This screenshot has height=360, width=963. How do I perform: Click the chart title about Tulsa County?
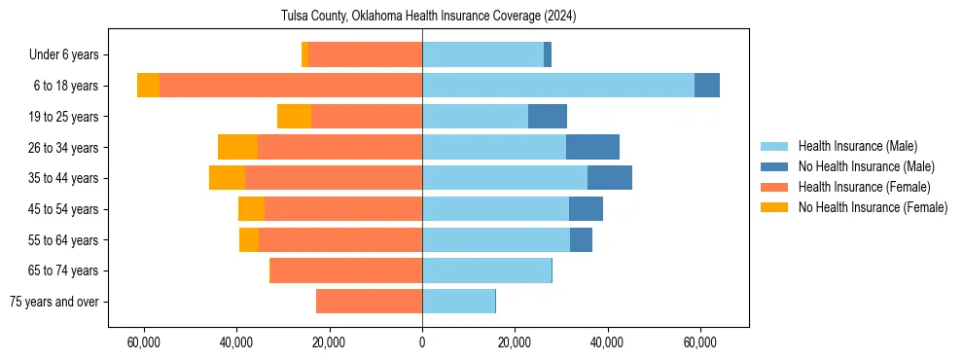point(422,17)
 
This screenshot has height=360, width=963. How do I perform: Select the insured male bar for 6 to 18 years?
point(558,86)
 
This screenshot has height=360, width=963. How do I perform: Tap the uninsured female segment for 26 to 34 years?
point(237,147)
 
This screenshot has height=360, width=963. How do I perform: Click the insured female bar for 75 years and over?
point(369,302)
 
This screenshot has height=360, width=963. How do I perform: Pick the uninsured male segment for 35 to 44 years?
point(610,178)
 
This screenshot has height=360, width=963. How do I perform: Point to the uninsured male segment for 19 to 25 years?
point(548,117)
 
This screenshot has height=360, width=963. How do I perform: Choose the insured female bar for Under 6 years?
point(365,54)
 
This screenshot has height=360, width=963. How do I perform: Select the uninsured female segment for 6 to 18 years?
point(148,86)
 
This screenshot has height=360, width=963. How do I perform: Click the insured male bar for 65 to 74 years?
point(486,270)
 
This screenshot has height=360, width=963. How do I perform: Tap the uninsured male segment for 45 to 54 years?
point(586,209)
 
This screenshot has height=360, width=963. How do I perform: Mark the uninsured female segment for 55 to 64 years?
point(249,240)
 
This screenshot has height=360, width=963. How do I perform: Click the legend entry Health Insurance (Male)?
point(857,146)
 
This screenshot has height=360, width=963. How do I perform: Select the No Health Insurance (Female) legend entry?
point(873,207)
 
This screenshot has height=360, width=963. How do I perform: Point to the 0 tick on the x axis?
point(422,343)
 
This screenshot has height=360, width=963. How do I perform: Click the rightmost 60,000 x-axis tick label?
point(700,343)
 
